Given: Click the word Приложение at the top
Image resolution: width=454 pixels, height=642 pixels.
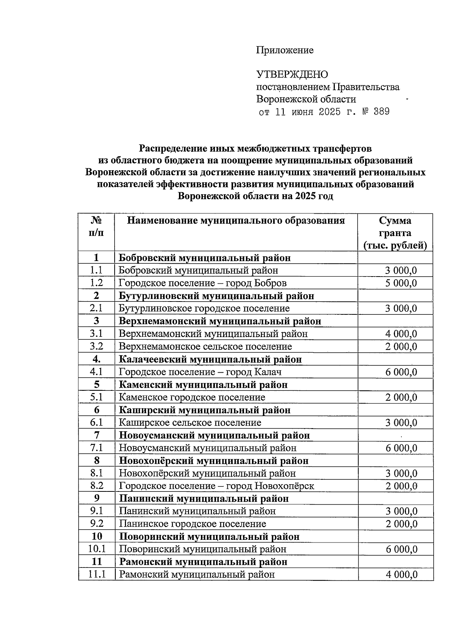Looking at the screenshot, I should (285, 50).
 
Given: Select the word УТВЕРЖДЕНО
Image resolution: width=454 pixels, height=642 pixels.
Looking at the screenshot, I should (292, 75).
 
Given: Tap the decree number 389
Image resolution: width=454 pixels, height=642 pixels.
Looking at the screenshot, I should (381, 112).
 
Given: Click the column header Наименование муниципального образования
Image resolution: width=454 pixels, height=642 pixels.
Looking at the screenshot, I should (236, 221).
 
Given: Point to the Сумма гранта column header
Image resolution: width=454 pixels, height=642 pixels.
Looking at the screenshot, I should (395, 233).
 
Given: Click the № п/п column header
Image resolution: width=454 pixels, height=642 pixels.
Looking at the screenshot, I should (96, 226).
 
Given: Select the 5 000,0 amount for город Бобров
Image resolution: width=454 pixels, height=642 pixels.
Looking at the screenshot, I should (401, 283).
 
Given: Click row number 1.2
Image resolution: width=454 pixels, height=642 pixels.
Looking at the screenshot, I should (96, 283).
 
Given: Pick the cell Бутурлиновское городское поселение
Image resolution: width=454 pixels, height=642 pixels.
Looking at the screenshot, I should (204, 308).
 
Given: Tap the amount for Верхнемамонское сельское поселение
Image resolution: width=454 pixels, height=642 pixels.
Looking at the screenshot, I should (401, 347).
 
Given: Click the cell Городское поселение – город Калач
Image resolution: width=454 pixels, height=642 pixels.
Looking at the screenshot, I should (200, 372).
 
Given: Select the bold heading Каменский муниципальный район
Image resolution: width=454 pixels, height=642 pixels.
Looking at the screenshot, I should (203, 385).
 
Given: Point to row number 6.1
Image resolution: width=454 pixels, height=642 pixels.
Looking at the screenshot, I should (96, 423).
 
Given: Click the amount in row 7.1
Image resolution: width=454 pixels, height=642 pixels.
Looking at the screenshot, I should (401, 448).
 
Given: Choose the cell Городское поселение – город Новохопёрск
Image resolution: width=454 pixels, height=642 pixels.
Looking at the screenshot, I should (216, 486).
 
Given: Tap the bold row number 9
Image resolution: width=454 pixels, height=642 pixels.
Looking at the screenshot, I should (96, 498).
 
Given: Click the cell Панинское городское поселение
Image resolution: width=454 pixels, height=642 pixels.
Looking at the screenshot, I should (193, 524).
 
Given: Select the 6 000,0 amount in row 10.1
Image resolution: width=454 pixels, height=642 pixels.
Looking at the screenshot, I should (401, 549).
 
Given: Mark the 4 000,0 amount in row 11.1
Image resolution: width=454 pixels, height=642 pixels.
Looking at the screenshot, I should (401, 575).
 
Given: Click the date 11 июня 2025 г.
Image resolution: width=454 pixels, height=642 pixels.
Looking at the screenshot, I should (313, 112).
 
